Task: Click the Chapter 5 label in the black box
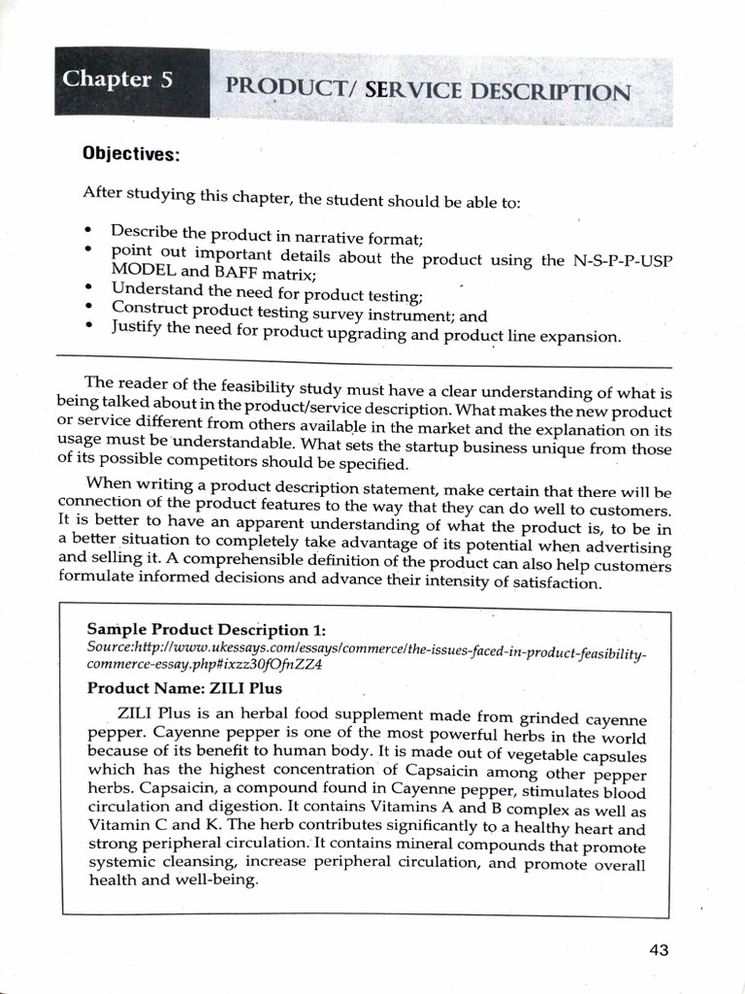tap(117, 80)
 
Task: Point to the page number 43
tap(660, 949)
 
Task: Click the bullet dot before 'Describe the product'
tap(89, 231)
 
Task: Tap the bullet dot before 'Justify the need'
tap(89, 326)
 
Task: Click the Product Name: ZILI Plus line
tap(184, 688)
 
